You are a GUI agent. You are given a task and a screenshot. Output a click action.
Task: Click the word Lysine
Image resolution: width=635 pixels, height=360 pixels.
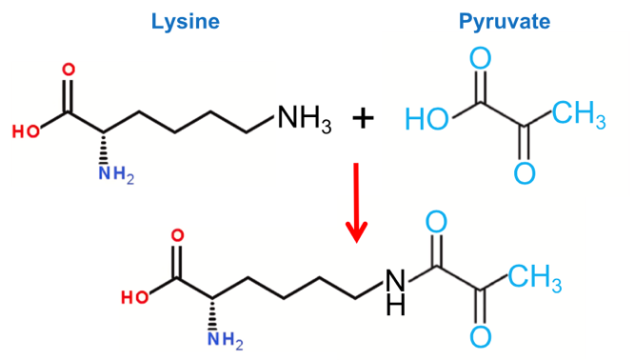point(186,22)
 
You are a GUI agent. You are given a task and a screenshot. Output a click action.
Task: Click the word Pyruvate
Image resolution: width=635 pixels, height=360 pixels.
point(505,22)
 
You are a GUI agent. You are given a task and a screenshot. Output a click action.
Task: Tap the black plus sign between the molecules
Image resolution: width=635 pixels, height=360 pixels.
point(363,119)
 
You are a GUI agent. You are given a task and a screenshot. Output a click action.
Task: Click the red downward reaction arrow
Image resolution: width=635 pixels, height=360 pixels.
point(356,203)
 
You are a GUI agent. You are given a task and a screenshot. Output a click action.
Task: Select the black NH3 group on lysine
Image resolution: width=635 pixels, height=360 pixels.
point(304,119)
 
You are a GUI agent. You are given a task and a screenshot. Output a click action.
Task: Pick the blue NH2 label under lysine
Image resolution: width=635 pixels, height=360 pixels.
point(116,175)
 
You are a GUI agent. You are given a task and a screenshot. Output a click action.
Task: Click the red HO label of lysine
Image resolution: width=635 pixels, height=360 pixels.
point(26,131)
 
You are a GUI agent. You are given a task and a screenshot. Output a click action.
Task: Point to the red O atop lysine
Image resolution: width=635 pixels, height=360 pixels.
point(69,70)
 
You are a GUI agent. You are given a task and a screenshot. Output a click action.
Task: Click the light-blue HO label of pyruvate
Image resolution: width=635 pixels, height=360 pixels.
point(427,119)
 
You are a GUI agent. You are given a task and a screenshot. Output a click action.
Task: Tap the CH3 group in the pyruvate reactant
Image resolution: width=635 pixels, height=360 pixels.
point(579,114)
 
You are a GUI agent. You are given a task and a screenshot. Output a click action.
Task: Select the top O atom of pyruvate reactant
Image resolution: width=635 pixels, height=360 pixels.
point(481,58)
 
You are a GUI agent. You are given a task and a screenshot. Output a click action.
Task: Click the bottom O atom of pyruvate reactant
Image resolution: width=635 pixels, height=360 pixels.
point(525,173)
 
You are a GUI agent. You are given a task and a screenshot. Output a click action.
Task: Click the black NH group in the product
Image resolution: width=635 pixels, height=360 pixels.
point(395,291)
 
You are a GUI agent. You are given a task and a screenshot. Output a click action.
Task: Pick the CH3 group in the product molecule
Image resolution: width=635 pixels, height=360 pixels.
point(535,279)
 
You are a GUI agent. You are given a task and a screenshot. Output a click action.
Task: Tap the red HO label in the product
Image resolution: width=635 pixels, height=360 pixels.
point(135,298)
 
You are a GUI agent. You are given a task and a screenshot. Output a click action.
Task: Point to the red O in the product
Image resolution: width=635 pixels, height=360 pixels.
point(177,235)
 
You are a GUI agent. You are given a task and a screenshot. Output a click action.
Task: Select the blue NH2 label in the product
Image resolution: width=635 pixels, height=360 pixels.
point(226,339)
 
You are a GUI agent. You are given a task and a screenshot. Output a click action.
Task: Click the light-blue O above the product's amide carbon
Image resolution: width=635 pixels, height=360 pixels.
point(436,222)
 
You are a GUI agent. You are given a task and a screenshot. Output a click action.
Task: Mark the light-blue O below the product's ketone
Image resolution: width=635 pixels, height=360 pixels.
point(481,337)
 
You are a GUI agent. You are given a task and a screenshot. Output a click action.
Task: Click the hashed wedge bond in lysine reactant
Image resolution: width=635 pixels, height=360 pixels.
point(104,148)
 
